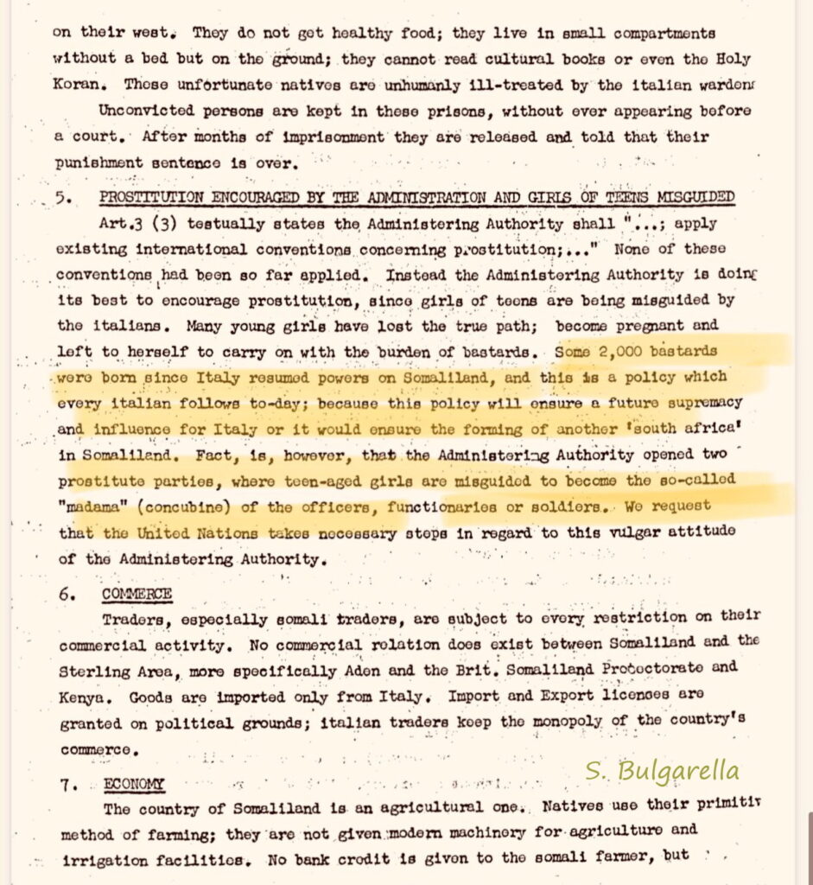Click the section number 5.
pyautogui.click(x=62, y=198)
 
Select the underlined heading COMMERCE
pyautogui.click(x=137, y=595)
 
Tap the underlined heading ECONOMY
pyautogui.click(x=134, y=785)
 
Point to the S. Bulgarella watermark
pyautogui.click(x=661, y=771)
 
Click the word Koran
pyautogui.click(x=79, y=86)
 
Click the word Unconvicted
pyautogui.click(x=145, y=111)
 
